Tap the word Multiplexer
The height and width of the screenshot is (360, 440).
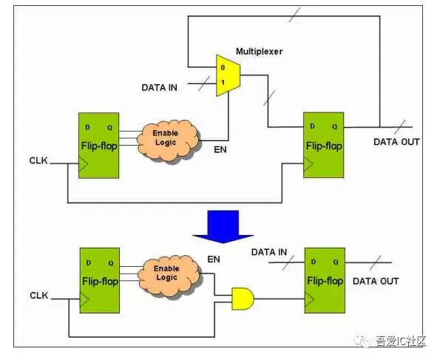pos(259,52)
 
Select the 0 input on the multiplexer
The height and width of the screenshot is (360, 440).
pos(223,67)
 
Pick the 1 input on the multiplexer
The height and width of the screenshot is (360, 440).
pos(223,83)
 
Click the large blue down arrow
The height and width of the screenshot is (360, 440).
pos(223,227)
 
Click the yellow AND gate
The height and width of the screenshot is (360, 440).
pos(243,299)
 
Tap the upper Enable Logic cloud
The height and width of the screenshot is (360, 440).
pos(168,140)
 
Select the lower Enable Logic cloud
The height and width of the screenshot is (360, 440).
pos(169,276)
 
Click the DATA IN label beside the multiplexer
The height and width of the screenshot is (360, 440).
pos(160,87)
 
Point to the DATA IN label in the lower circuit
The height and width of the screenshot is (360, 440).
pos(269,252)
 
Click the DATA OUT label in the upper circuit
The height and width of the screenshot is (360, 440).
pos(396,142)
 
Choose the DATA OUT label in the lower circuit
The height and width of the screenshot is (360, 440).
pos(376,281)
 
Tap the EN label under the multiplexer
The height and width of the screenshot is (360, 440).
pos(220,149)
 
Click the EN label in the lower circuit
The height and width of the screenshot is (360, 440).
pos(214,259)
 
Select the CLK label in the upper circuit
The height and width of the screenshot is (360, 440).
pos(38,160)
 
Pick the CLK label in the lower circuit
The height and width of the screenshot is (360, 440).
pos(39,295)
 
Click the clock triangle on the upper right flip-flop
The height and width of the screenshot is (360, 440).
pos(308,164)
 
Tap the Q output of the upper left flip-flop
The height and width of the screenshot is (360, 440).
pos(110,128)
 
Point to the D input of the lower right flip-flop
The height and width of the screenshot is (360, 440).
pos(313,262)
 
